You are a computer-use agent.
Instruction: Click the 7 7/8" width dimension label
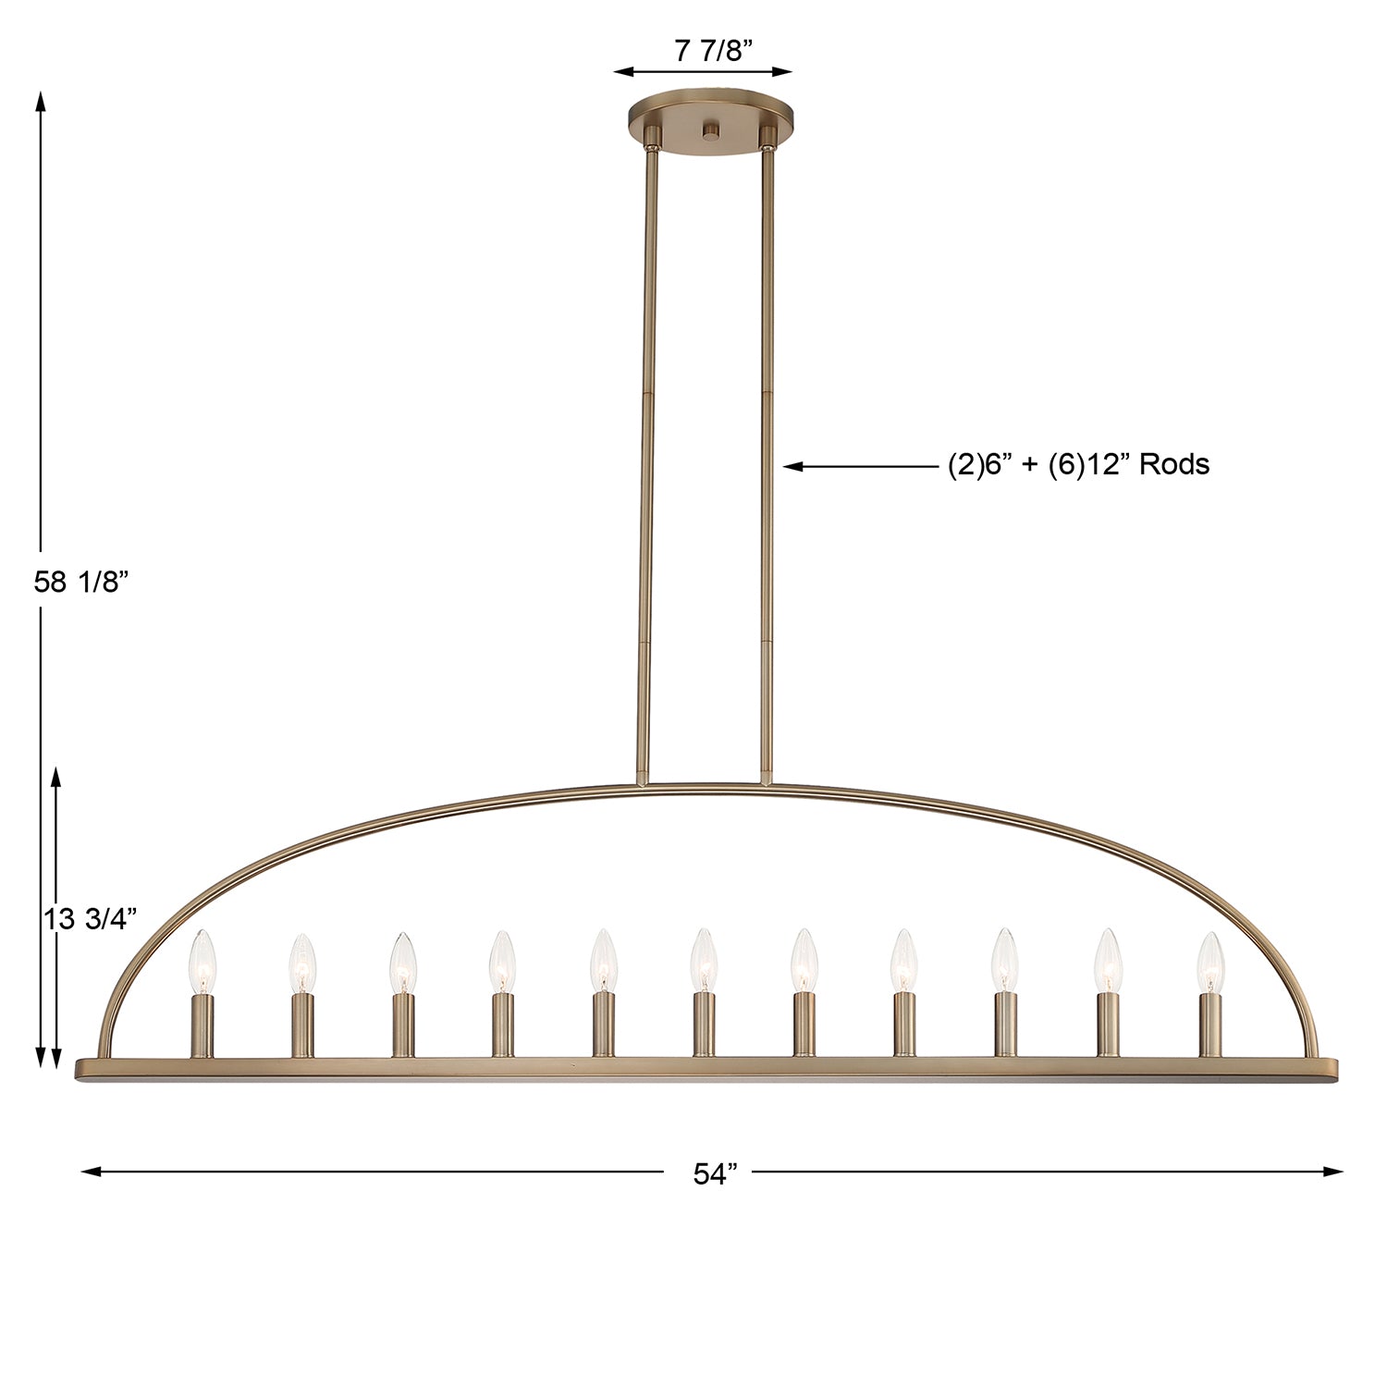pos(708,51)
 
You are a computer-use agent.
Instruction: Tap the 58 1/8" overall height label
pos(79,582)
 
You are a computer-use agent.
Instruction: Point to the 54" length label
pos(715,1173)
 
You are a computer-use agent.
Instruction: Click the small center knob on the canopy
pos(710,132)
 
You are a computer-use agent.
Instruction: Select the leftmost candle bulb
pos(203,963)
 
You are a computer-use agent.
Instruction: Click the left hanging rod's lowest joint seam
pos(644,641)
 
